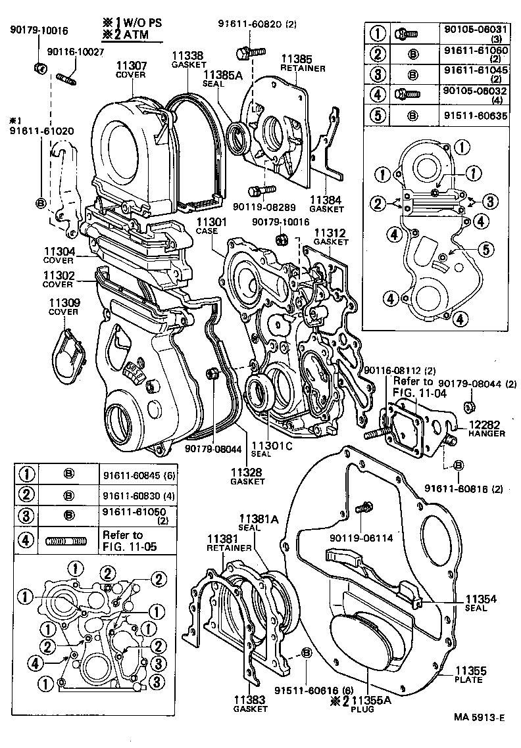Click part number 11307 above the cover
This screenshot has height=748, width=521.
tap(133, 66)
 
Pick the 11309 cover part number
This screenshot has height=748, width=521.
tap(63, 303)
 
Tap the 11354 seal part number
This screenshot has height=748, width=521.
tap(485, 599)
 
